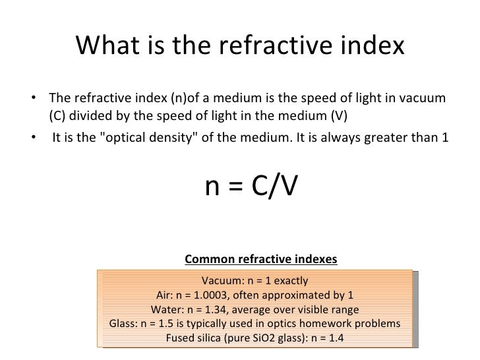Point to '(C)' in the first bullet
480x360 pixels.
click(58, 117)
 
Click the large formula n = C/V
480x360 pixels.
click(251, 188)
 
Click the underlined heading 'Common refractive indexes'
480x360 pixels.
click(262, 258)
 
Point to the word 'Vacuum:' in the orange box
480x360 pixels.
click(222, 280)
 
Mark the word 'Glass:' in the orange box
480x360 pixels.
click(123, 324)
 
